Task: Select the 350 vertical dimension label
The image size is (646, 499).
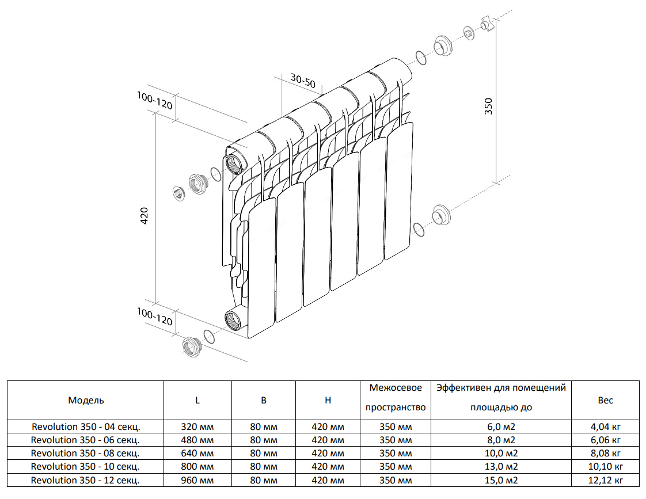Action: (489, 106)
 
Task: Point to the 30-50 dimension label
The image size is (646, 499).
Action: (303, 81)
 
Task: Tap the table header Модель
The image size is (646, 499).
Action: (86, 401)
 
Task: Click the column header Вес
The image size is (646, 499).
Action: (605, 401)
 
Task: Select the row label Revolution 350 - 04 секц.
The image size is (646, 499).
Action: (86, 427)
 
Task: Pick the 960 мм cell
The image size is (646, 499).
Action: (197, 480)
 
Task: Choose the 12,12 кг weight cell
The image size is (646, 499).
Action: (605, 480)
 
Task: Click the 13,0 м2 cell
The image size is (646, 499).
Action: (500, 467)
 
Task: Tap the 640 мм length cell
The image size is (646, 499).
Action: (197, 454)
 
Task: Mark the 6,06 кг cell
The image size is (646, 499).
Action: (605, 440)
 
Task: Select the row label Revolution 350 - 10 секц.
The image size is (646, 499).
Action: (86, 467)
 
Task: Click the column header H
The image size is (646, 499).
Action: (328, 401)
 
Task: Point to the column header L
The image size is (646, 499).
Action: (197, 401)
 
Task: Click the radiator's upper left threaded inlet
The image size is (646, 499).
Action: (234, 164)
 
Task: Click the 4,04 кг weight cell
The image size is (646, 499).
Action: (605, 427)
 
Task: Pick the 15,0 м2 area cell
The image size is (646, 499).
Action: (500, 480)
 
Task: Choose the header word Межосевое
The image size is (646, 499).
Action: (396, 388)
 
